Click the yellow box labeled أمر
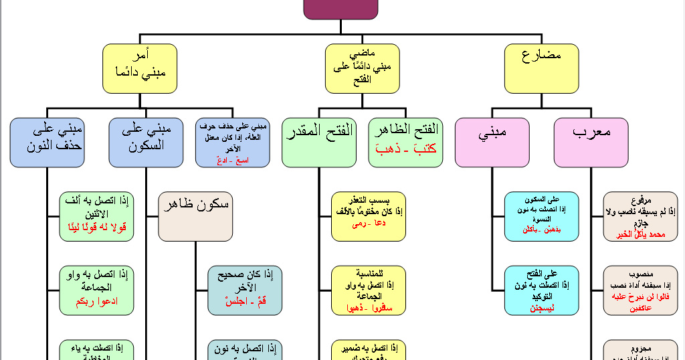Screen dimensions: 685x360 pyautogui.click(x=139, y=68)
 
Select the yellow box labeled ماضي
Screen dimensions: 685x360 pyautogui.click(x=363, y=68)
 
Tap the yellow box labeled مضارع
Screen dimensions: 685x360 pyautogui.click(x=541, y=68)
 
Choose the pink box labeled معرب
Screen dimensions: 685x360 pyautogui.click(x=591, y=143)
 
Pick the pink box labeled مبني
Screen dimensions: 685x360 pyautogui.click(x=492, y=143)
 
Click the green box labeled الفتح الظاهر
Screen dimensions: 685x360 pyautogui.click(x=405, y=143)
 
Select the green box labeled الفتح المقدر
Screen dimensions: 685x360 pyautogui.click(x=318, y=143)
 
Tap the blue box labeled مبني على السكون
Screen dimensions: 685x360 pyautogui.click(x=145, y=143)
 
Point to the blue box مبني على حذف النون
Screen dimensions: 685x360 pyautogui.click(x=46, y=143)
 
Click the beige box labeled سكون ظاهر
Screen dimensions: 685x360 pyautogui.click(x=195, y=216)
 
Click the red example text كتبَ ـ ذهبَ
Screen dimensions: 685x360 pyautogui.click(x=404, y=149)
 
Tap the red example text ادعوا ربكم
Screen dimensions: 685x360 pyautogui.click(x=96, y=301)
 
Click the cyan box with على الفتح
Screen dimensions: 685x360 pyautogui.click(x=542, y=290)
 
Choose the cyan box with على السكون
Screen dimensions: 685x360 pyautogui.click(x=542, y=216)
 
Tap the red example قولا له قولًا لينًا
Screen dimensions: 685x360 pyautogui.click(x=96, y=227)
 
